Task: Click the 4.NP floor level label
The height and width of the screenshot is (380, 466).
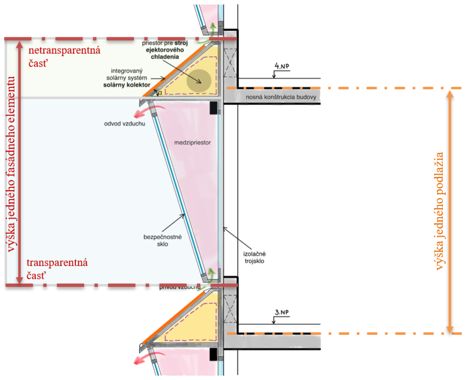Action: click(282, 66)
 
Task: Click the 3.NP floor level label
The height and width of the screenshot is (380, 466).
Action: click(282, 312)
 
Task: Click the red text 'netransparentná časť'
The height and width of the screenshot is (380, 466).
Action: click(64, 57)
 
